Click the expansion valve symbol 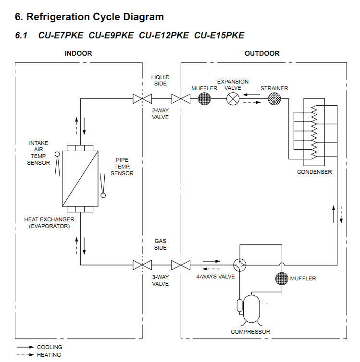pos(233,99)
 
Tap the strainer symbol pos(274,99)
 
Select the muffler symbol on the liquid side pos(205,99)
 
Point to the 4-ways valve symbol pos(239,265)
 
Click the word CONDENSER pos(314,172)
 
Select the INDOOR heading pos(78,53)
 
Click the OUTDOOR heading pos(262,53)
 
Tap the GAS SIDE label pos(161,244)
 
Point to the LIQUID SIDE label pos(161,80)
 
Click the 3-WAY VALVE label pos(161,280)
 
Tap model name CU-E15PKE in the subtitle pos(219,36)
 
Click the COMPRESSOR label pos(250,332)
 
